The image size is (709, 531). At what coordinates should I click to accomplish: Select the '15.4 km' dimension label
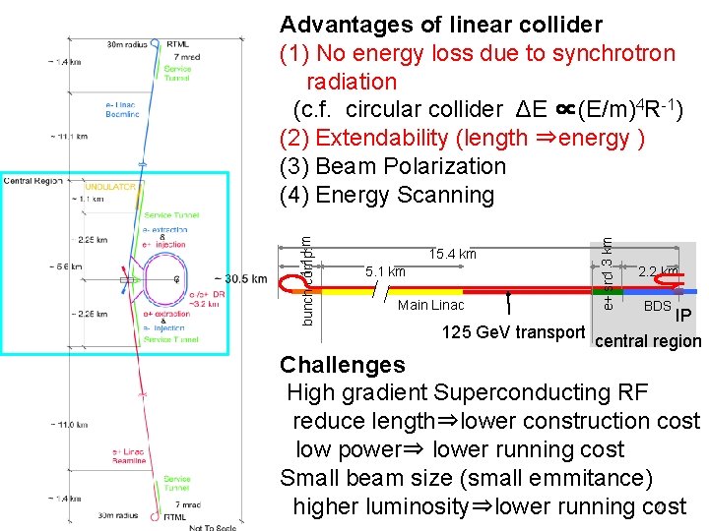click(x=453, y=255)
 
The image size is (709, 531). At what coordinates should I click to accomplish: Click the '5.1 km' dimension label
click(x=385, y=271)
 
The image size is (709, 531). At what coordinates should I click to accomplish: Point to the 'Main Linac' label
click(x=430, y=306)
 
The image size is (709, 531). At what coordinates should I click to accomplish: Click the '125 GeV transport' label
click(x=513, y=332)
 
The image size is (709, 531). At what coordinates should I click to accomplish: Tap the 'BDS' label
click(x=657, y=307)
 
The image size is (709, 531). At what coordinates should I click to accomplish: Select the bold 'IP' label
click(x=685, y=317)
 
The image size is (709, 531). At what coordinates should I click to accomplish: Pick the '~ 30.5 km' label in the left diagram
click(x=240, y=278)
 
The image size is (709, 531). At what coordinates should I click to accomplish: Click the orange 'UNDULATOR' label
click(x=110, y=186)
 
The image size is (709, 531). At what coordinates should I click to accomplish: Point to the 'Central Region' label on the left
click(x=32, y=181)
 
